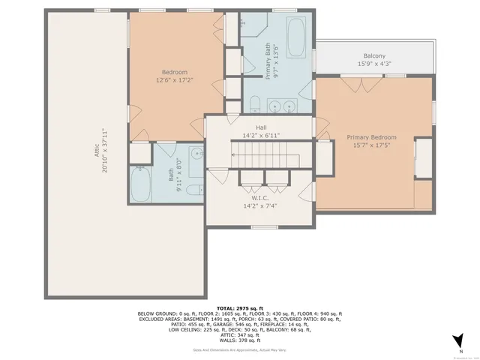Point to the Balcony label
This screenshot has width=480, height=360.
click(374, 56)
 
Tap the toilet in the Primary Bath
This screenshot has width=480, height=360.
click(255, 103)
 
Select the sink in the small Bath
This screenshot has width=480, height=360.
click(196, 154)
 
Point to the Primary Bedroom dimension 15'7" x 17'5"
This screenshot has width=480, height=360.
click(371, 145)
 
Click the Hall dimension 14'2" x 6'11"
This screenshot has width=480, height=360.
click(260, 136)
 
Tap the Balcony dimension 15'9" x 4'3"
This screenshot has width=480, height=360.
click(374, 64)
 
